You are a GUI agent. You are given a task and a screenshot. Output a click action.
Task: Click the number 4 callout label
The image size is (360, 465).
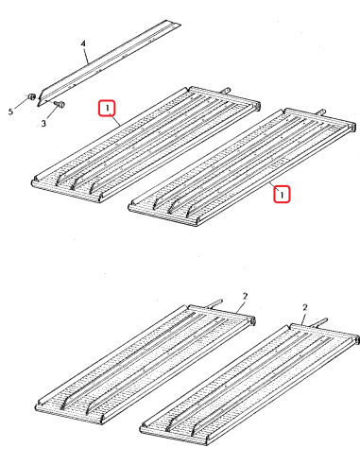tap(83, 43)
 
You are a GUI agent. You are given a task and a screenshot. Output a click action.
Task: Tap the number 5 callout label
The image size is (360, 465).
tap(11, 112)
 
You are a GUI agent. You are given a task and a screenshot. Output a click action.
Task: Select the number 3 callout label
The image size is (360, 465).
tap(43, 123)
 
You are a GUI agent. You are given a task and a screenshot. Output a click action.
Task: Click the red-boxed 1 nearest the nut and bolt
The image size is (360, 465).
tap(107, 108)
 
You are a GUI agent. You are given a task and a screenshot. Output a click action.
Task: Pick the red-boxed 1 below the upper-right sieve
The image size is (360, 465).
tap(282, 194)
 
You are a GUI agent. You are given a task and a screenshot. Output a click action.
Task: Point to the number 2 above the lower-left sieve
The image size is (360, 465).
tap(246, 297)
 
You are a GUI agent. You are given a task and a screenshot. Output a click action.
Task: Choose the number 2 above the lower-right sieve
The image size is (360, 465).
tap(304, 307)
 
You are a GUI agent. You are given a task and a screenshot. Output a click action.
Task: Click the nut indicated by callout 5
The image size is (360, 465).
tap(31, 96)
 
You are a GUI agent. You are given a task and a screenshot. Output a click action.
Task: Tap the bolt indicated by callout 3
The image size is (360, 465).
tap(60, 103)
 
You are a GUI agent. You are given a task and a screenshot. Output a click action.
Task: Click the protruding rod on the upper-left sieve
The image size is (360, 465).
tap(226, 90)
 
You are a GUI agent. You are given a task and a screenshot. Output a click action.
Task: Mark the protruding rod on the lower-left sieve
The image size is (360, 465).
tap(214, 302)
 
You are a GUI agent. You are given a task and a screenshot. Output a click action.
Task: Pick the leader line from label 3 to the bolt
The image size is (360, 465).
tap(52, 113)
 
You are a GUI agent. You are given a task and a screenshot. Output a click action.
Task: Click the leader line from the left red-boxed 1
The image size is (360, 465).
tap(116, 121)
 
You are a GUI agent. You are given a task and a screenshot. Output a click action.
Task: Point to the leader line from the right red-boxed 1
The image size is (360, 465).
tap(272, 185)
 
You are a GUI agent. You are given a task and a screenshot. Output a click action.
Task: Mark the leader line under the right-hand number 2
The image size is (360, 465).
tap(303, 319)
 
